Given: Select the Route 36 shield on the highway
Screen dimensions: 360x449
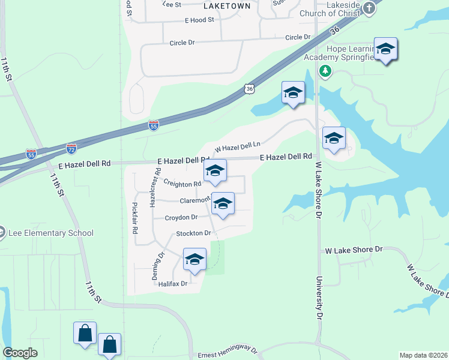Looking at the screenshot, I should tap(250, 89).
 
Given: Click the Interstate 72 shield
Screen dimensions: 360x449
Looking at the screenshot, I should tap(71, 147).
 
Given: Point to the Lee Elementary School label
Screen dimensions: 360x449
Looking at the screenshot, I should tap(51, 233).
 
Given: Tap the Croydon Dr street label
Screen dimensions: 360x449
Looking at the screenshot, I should tap(181, 217).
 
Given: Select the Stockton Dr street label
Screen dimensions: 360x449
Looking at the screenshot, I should tap(193, 233).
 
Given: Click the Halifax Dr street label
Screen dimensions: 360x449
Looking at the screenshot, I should tap(173, 283).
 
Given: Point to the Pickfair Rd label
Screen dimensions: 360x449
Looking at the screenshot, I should tap(135, 218).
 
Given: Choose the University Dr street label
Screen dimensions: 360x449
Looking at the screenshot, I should tap(319, 298).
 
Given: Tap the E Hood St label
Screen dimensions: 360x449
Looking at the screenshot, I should tap(199, 20).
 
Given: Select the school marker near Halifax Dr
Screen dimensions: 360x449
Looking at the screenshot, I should tap(194, 259).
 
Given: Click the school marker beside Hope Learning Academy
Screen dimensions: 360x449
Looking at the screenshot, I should tap(385, 49).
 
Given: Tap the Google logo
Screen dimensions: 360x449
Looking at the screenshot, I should tap(20, 353).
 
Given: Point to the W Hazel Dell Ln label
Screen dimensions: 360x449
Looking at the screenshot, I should tap(238, 146).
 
